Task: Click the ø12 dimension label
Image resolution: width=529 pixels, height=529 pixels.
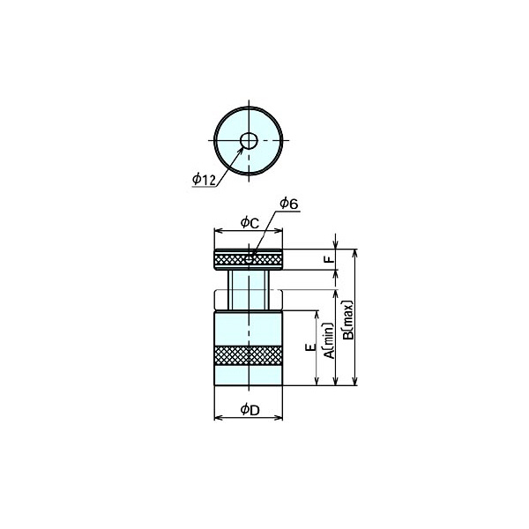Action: pos(203,180)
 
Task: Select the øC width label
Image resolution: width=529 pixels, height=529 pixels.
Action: pos(249,224)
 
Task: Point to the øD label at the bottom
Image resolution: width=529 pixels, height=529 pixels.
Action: pos(249,408)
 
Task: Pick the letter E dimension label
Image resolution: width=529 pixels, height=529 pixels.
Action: pos(309,348)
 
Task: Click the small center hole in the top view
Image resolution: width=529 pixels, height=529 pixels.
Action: pos(249,140)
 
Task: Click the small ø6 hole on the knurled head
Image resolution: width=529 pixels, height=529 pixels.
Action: pos(250,258)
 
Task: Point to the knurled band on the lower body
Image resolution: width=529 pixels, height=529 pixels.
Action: pos(249,355)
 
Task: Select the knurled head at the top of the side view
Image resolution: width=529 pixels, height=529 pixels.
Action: pos(249,259)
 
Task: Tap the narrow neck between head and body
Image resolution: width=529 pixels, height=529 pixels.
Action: pos(249,289)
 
